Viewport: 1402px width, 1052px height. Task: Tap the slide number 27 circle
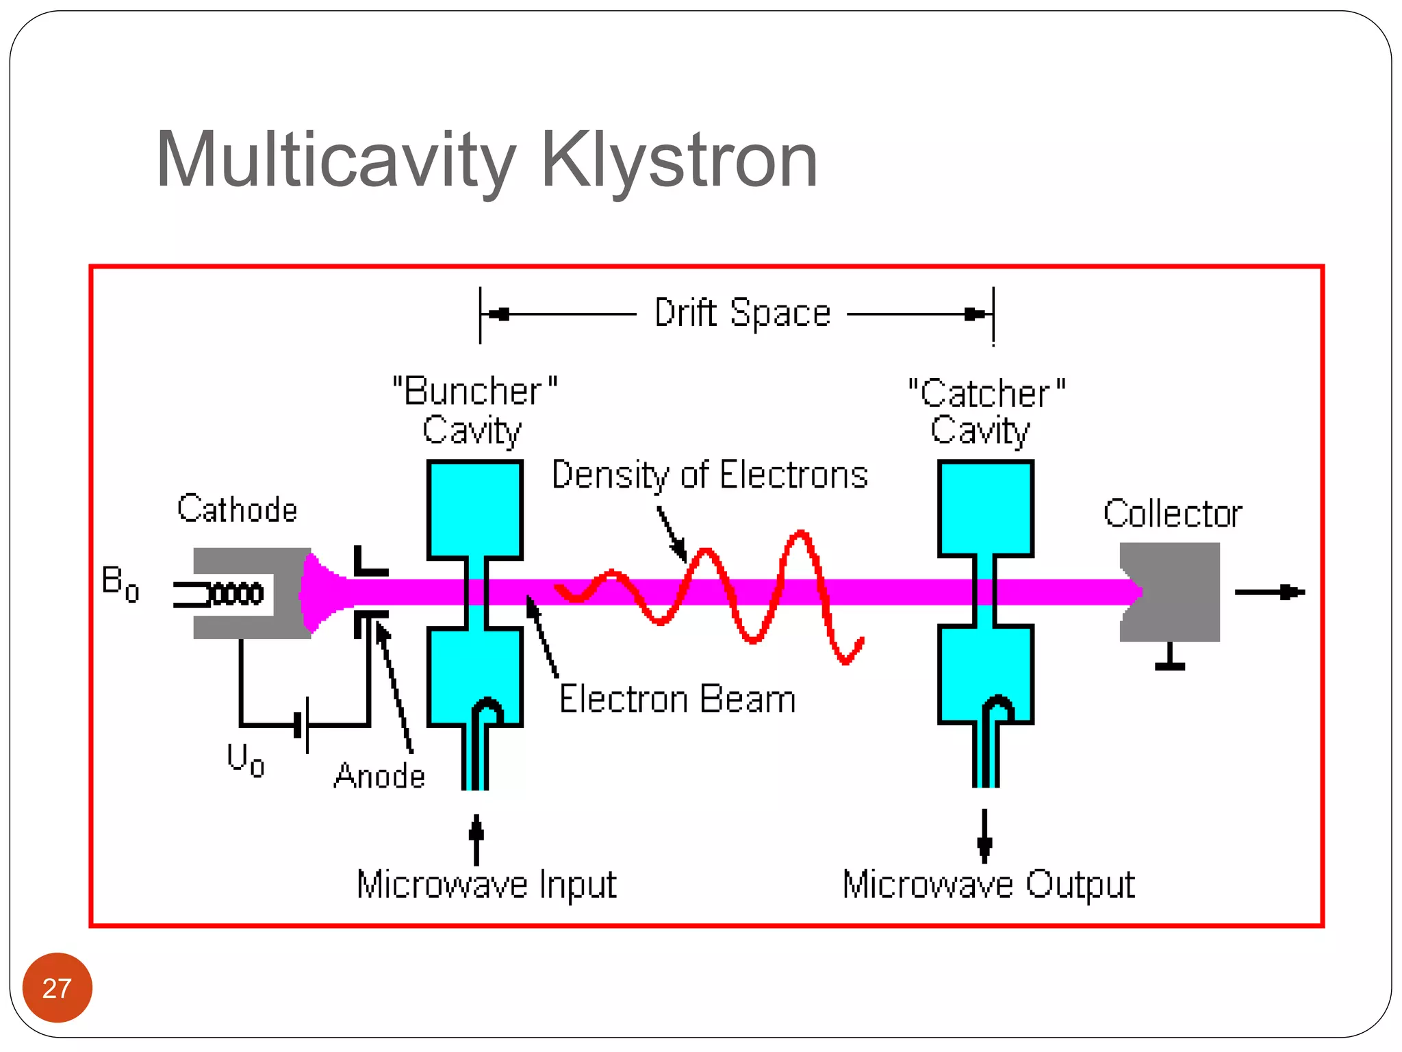click(x=57, y=988)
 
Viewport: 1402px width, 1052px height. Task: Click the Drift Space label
click(x=742, y=314)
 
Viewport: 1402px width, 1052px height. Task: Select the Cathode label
click(x=237, y=509)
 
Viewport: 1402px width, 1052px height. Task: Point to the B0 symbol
click(x=120, y=584)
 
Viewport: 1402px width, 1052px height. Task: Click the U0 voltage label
click(x=245, y=760)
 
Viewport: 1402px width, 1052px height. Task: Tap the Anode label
click(x=379, y=776)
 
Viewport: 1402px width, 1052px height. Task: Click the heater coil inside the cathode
click(x=236, y=594)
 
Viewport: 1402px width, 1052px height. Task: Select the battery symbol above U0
click(x=302, y=725)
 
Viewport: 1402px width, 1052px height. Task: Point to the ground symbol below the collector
click(x=1170, y=658)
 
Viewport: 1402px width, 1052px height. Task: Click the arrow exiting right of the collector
click(x=1270, y=592)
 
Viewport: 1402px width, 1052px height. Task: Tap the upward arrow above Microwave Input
click(x=476, y=838)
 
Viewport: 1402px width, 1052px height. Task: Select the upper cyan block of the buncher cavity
click(x=475, y=508)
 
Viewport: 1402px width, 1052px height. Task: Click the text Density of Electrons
click(x=709, y=475)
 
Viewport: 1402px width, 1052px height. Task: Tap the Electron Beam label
click(x=677, y=699)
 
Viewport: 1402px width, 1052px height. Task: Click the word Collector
click(x=1172, y=514)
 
